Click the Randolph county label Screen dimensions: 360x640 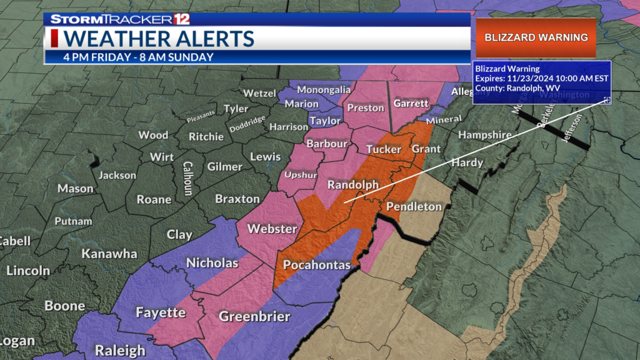pos(353,185)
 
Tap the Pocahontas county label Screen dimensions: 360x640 pos(317,264)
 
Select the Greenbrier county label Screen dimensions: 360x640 pos(254,316)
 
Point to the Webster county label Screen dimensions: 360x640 pos(272,229)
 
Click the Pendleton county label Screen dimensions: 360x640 pos(414,206)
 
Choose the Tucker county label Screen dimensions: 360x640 pos(383,149)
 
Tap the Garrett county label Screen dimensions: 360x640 pos(411,103)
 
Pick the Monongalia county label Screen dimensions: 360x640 pos(324,89)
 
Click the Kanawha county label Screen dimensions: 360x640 pos(109,254)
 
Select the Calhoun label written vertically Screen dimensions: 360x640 pos(187,178)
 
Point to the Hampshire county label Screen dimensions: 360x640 pos(484,134)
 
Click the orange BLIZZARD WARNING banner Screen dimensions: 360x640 pos(536,37)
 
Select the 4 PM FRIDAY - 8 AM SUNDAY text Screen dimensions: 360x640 pos(138,57)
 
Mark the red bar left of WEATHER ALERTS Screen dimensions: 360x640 pos(55,38)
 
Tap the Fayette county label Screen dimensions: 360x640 pos(161,312)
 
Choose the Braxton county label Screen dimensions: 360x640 pos(237,199)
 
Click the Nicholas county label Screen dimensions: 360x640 pos(212,262)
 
